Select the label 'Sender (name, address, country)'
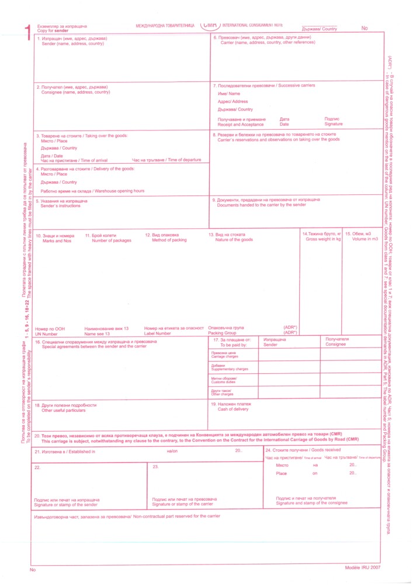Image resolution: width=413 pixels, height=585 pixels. pyautogui.click(x=72, y=44)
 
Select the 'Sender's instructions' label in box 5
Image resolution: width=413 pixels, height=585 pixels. pyautogui.click(x=64, y=206)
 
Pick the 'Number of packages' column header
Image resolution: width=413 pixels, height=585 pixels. pyautogui.click(x=112, y=240)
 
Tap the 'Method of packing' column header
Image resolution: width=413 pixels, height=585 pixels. pyautogui.click(x=169, y=240)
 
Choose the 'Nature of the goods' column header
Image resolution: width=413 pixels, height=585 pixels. pyautogui.click(x=234, y=240)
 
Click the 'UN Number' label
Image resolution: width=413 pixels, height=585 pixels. pyautogui.click(x=47, y=333)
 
